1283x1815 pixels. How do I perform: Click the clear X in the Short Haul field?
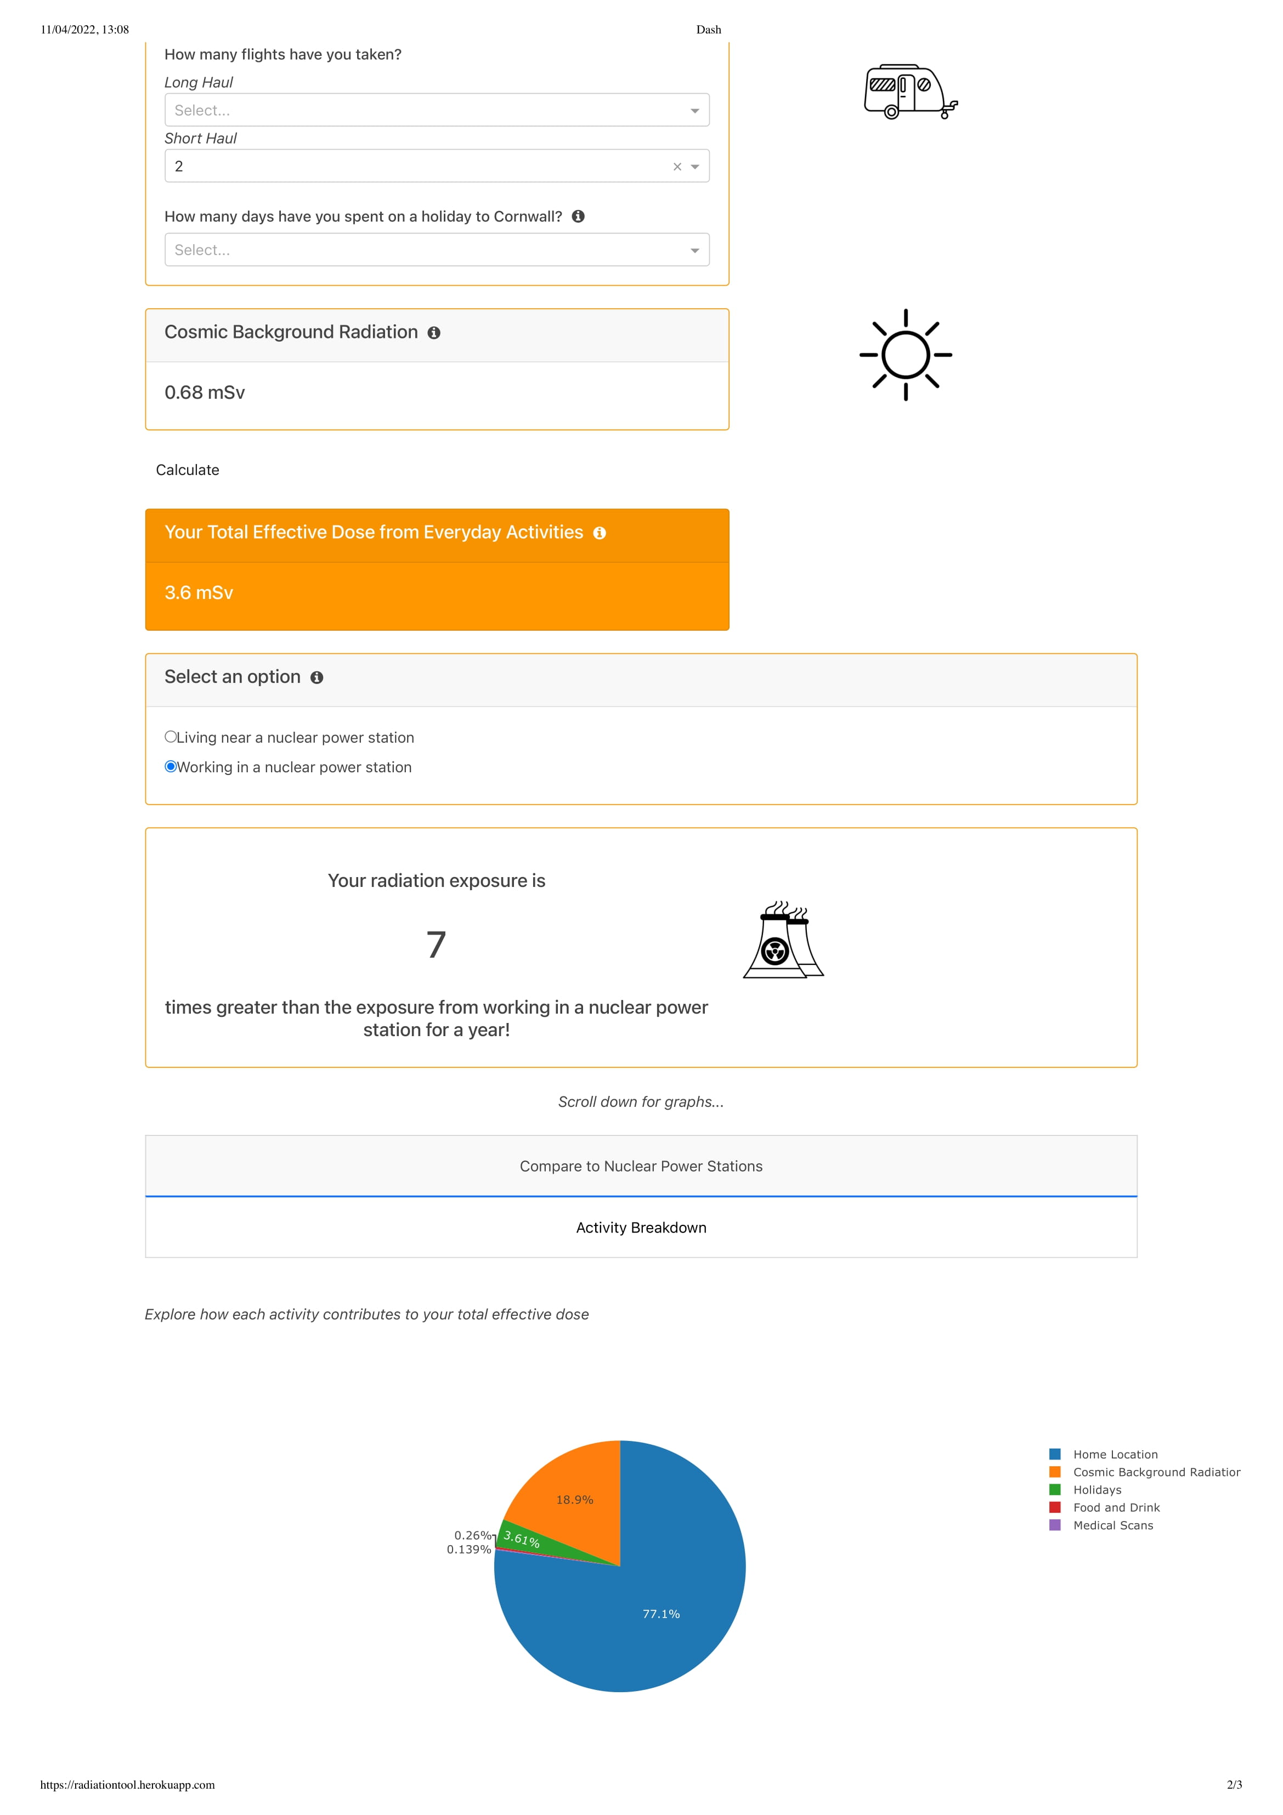point(677,167)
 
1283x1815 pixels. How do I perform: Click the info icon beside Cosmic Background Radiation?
point(434,333)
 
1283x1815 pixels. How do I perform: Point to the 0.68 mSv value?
point(205,393)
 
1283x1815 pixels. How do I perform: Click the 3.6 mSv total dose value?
point(199,593)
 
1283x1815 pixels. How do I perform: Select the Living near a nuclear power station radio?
point(171,737)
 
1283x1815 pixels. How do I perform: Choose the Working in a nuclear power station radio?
point(171,767)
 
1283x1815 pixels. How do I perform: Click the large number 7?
point(437,945)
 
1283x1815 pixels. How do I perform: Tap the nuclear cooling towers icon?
point(783,941)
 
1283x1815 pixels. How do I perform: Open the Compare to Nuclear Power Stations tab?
point(641,1166)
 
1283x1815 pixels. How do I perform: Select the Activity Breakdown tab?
point(641,1228)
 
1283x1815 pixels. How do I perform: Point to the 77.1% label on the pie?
point(661,1614)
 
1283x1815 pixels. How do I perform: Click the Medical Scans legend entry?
point(1112,1526)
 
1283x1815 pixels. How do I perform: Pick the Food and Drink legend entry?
point(1115,1507)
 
